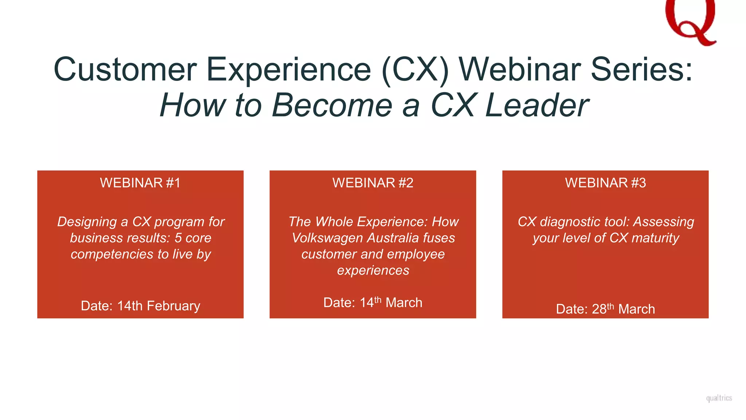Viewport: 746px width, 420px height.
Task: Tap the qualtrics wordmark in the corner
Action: (719, 398)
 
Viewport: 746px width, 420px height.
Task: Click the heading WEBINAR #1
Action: (140, 183)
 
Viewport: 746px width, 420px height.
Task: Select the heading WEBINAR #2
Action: (373, 183)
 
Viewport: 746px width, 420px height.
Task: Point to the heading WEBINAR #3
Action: (605, 183)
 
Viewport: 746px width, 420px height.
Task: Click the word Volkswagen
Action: (327, 238)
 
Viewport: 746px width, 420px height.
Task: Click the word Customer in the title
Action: (125, 69)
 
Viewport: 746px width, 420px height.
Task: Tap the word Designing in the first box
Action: (87, 222)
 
